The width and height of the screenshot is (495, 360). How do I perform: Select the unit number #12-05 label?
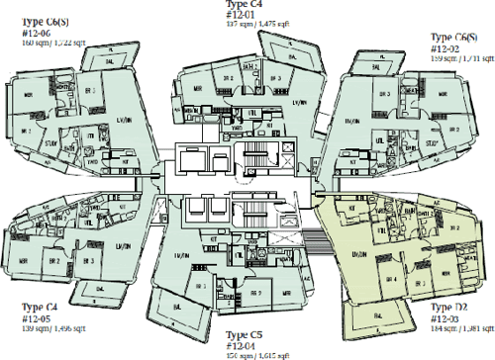tap(21, 318)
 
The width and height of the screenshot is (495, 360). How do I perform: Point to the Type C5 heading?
tap(247, 335)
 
